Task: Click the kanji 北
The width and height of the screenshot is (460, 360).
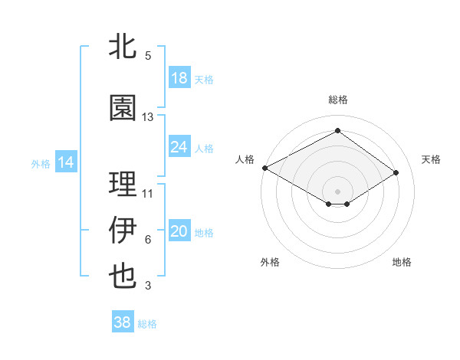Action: (x=123, y=47)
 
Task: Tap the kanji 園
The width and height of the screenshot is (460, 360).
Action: (x=123, y=108)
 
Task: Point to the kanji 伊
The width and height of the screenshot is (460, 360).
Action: (x=123, y=231)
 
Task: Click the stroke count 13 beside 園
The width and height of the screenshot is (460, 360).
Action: (x=148, y=117)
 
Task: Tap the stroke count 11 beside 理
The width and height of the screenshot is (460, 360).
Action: (x=148, y=194)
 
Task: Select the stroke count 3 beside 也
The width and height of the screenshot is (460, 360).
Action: (x=148, y=286)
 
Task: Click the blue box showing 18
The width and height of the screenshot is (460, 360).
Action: (x=179, y=79)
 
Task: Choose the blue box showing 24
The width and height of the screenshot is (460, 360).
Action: (x=179, y=147)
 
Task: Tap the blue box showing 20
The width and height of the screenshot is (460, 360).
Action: (x=179, y=232)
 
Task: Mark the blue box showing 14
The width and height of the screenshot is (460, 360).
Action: (x=66, y=162)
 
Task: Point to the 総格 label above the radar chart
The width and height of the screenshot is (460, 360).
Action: (x=337, y=100)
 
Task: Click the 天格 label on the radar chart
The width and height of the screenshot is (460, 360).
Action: (x=431, y=159)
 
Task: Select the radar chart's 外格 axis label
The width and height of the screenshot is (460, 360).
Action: (x=270, y=262)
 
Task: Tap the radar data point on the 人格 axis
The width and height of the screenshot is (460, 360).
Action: (x=264, y=168)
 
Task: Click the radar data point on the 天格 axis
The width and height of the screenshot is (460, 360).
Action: (x=396, y=172)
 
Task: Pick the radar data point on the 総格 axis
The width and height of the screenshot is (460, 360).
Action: (x=337, y=131)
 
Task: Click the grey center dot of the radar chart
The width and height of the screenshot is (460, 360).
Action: (x=337, y=191)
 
